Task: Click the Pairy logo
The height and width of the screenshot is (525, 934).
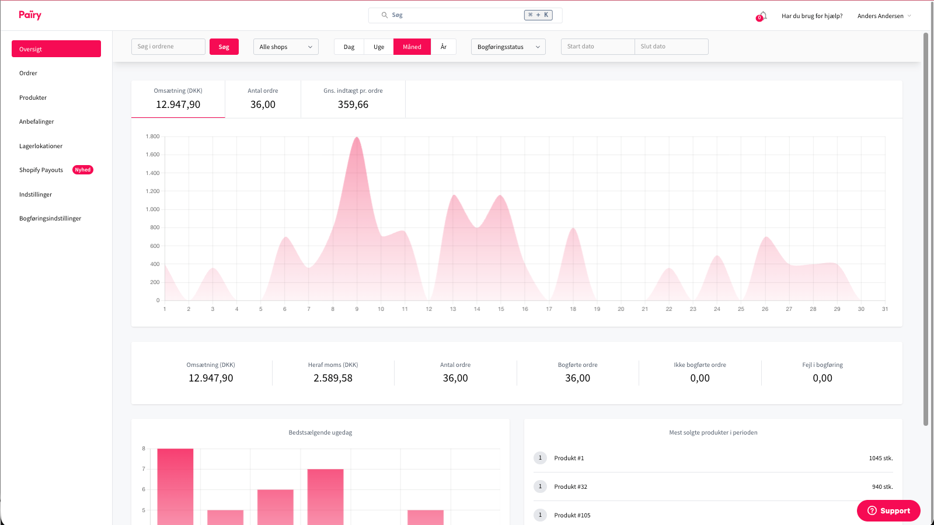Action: (x=30, y=15)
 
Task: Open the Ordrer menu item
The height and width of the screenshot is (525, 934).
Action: (x=28, y=73)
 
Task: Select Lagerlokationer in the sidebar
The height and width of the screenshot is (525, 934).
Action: (x=41, y=146)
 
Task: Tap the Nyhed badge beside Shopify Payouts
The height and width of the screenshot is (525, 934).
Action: (x=83, y=170)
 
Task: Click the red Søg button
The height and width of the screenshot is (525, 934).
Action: (x=224, y=47)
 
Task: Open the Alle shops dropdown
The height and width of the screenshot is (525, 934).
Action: (x=285, y=47)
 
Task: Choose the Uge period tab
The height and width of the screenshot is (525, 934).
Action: (x=379, y=47)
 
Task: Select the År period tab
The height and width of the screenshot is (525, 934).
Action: (x=444, y=47)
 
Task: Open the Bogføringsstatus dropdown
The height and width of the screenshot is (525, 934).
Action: (x=508, y=47)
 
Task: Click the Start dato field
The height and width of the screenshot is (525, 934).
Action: (x=597, y=47)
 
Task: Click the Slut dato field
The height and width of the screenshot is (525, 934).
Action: (x=671, y=47)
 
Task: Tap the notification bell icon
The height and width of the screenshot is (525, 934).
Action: (x=762, y=16)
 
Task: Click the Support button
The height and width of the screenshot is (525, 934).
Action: (x=888, y=510)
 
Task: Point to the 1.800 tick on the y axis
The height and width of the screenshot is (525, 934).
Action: (x=152, y=136)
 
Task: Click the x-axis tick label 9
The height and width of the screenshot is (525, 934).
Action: (x=357, y=309)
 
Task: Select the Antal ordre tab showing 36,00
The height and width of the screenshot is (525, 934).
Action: (x=263, y=99)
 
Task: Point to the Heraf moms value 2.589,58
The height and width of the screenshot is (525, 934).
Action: (x=333, y=378)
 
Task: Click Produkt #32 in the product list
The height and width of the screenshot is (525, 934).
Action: (x=570, y=487)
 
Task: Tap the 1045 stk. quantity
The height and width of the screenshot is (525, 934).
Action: (x=880, y=459)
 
